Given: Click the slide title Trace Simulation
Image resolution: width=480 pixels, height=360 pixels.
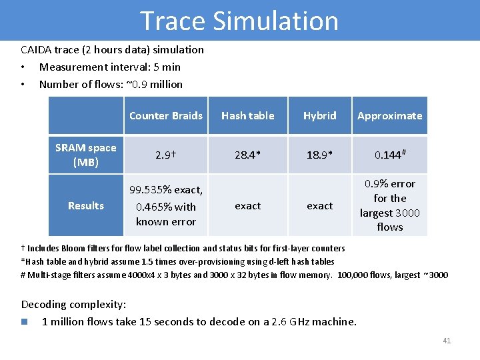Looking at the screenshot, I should click(x=239, y=21).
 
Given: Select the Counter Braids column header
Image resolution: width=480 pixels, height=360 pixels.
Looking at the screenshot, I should click(x=165, y=116).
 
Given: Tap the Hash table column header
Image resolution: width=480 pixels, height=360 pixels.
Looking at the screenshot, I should click(x=247, y=116).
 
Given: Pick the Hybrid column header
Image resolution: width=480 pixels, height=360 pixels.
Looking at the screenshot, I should click(x=319, y=116).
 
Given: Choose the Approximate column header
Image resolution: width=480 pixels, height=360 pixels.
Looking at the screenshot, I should click(x=389, y=116).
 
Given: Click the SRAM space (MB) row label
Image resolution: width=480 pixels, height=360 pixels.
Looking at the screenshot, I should click(x=85, y=155).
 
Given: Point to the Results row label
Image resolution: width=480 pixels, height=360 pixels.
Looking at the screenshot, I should click(x=85, y=206).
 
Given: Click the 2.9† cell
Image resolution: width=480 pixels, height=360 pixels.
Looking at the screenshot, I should click(x=165, y=155).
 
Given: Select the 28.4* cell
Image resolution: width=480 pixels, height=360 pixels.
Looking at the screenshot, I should click(x=247, y=155).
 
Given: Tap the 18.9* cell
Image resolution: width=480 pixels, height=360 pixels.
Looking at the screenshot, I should click(x=319, y=155).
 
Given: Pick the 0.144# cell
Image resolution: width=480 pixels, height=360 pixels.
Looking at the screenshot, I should click(x=389, y=155).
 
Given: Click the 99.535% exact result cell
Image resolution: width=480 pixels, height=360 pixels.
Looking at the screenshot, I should click(x=165, y=206).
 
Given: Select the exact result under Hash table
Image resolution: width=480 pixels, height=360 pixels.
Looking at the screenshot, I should click(x=247, y=206).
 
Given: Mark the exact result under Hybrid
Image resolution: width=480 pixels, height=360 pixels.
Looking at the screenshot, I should click(x=319, y=206).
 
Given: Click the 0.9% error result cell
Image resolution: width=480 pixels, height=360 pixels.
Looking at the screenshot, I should click(x=389, y=205).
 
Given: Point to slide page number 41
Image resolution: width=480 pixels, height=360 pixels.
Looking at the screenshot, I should click(x=446, y=341).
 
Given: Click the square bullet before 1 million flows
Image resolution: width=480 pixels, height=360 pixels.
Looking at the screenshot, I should click(x=25, y=322).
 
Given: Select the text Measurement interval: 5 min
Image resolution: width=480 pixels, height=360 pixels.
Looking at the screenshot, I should click(x=109, y=67).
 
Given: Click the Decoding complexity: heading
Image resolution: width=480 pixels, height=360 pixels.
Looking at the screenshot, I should click(x=73, y=305).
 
